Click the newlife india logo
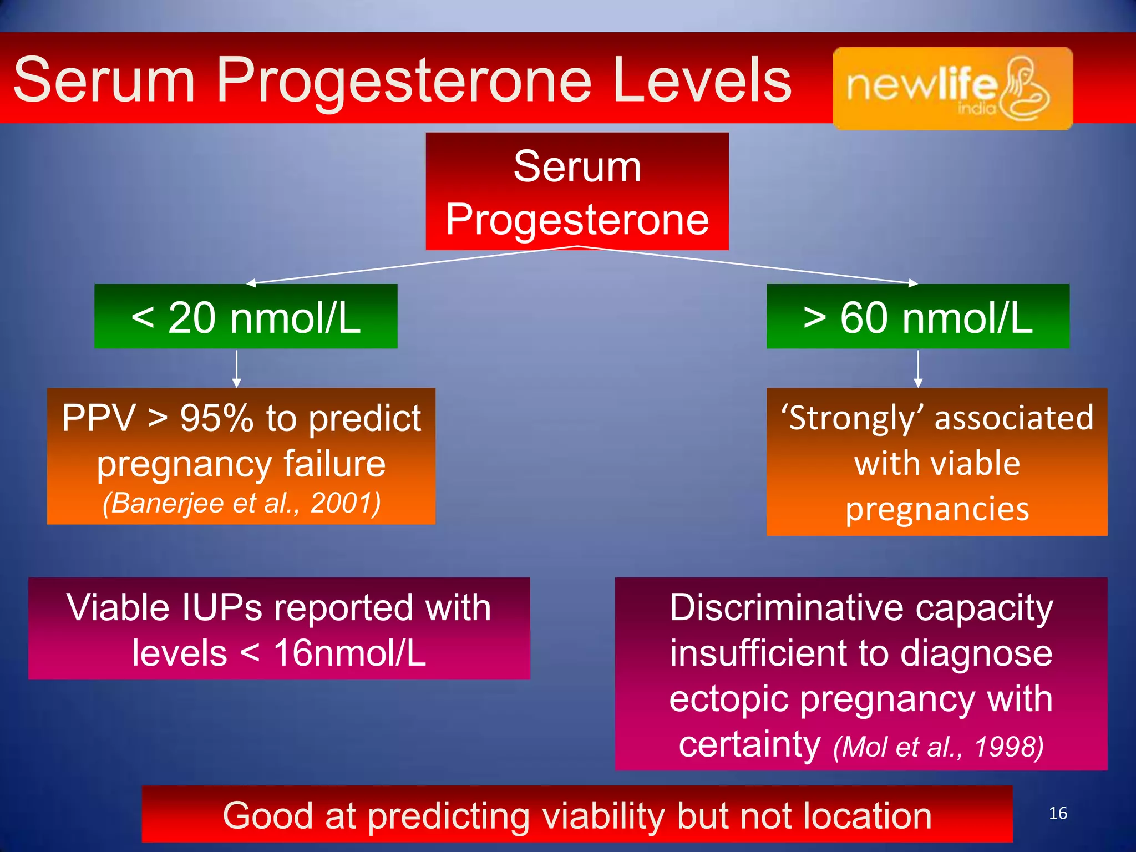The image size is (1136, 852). click(x=952, y=88)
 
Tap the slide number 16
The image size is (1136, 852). click(x=1058, y=813)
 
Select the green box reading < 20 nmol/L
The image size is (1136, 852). click(x=246, y=317)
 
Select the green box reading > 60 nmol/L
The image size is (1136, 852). click(x=917, y=317)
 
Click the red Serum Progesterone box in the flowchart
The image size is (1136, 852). click(x=577, y=191)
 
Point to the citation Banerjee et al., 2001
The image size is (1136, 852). click(x=241, y=504)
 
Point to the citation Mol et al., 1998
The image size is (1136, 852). click(x=938, y=747)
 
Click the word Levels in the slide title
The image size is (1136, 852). click(x=702, y=80)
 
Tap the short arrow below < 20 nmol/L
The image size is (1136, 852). click(x=237, y=368)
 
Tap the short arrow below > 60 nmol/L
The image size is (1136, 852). click(x=918, y=368)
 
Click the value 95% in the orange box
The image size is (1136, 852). click(x=216, y=418)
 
